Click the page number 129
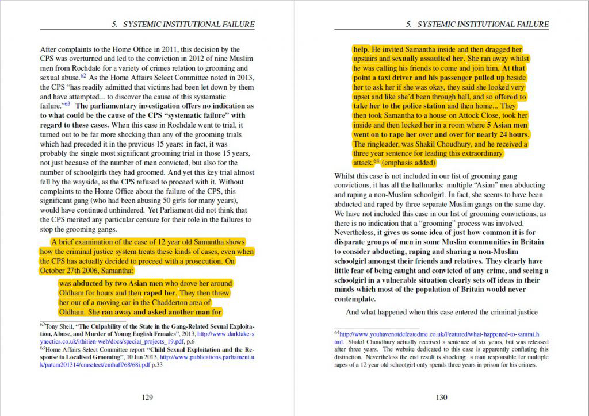147,396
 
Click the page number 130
441,396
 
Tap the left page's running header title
183,24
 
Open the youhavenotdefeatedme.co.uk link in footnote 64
438,333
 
